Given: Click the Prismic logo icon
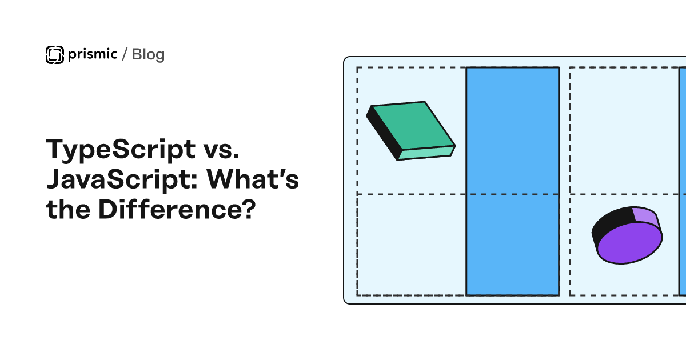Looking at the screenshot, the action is click(55, 55).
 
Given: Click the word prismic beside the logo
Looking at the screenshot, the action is click(93, 54).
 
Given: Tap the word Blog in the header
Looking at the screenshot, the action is click(148, 54).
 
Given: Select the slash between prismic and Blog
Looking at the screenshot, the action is click(125, 54).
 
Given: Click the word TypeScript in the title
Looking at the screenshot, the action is click(121, 150).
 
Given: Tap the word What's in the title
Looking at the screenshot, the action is click(252, 179).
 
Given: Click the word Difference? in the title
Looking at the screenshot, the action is click(177, 209).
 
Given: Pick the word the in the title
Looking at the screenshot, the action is click(68, 209).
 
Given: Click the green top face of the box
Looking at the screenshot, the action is click(413, 126).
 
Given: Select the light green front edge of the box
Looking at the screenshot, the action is click(426, 153).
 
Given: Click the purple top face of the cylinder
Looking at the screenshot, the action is click(629, 243).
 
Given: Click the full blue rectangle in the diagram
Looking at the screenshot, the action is click(513, 181).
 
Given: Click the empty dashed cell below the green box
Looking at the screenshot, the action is click(411, 245).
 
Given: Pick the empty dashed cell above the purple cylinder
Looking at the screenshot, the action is click(624, 131).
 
